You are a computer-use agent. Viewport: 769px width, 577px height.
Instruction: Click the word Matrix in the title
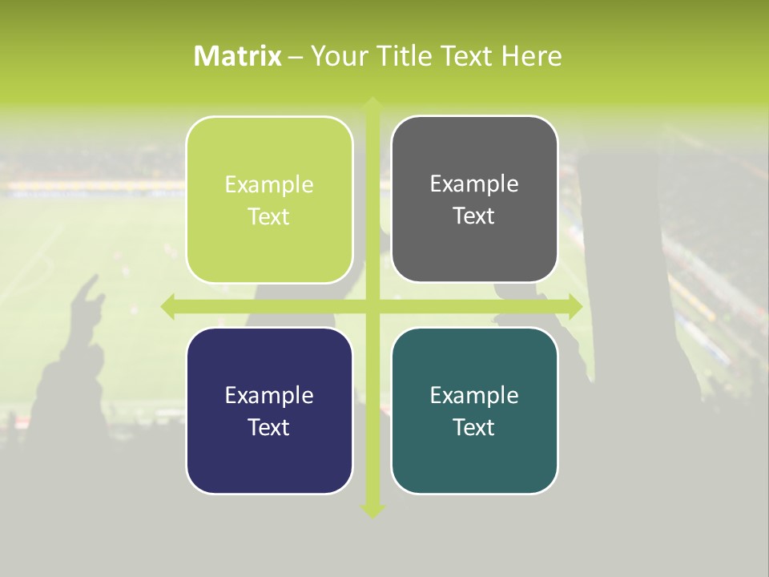pyautogui.click(x=238, y=56)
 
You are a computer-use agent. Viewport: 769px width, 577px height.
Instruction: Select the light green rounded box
pyautogui.click(x=269, y=200)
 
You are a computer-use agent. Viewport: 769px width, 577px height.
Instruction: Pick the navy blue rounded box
pyautogui.click(x=269, y=410)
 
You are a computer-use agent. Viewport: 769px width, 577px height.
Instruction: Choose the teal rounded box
pyautogui.click(x=474, y=410)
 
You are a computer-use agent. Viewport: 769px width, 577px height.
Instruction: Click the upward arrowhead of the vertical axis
pyautogui.click(x=372, y=103)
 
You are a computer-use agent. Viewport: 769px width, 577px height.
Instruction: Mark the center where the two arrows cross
pyautogui.click(x=372, y=306)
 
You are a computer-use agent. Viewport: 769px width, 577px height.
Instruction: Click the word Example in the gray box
pyautogui.click(x=474, y=184)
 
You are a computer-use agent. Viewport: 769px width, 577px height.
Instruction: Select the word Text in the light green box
pyautogui.click(x=269, y=216)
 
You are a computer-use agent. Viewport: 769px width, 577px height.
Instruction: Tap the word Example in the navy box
pyautogui.click(x=269, y=395)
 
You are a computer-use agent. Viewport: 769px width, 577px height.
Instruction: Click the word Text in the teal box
pyautogui.click(x=474, y=427)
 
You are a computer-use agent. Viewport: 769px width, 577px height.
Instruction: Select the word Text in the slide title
pyautogui.click(x=469, y=56)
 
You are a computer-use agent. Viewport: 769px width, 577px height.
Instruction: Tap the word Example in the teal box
pyautogui.click(x=474, y=395)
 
